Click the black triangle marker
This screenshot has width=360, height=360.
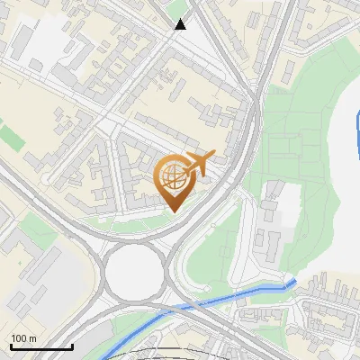pos(181,24)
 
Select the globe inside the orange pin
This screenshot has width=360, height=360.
pos(172,177)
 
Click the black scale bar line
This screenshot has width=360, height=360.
pos(40,346)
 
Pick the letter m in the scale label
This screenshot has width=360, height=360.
pos(32,338)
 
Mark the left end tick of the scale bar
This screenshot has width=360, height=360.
pos(10,345)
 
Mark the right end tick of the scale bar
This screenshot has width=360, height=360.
pos(72,345)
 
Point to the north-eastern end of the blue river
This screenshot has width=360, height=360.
pos(292,283)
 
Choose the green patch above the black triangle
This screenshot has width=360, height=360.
pos(179,6)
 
